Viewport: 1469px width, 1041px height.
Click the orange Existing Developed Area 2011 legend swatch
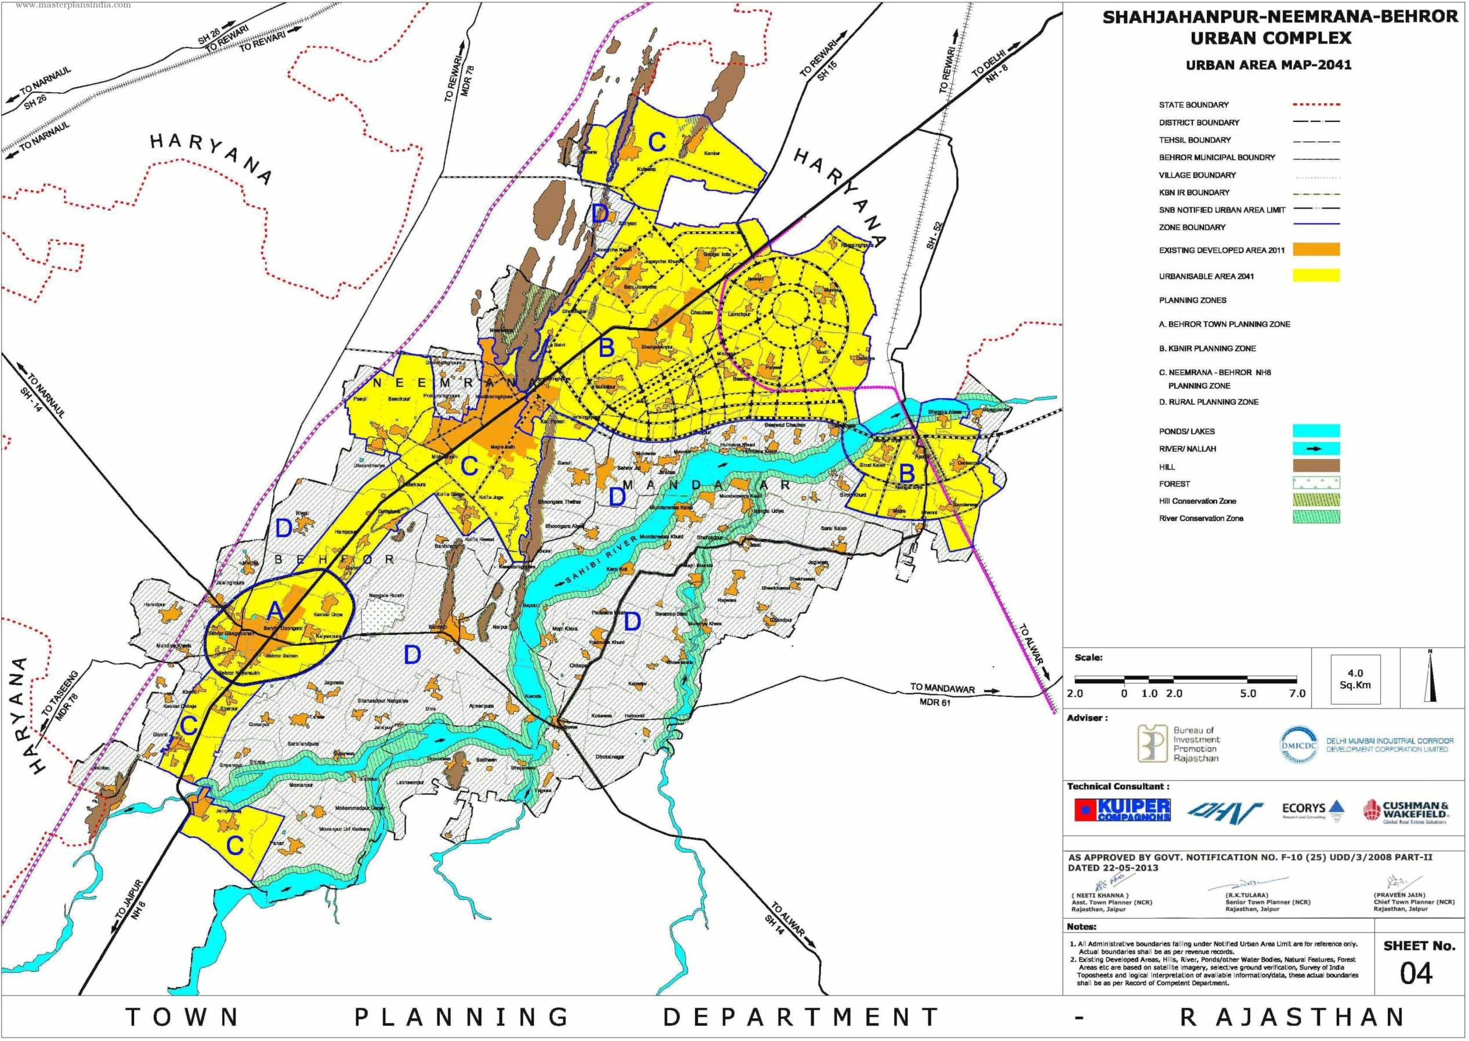[1316, 250]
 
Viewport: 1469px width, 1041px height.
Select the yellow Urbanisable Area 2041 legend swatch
[1316, 276]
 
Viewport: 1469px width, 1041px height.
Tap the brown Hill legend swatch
[1316, 466]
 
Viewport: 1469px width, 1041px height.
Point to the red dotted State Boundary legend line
[1316, 104]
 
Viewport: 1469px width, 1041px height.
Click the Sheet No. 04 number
[1416, 974]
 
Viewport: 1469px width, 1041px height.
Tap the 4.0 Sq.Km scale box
[1355, 679]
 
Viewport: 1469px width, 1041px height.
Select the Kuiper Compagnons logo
[1122, 810]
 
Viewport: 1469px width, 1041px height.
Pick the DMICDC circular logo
[1299, 744]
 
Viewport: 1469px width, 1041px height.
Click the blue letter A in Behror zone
[274, 613]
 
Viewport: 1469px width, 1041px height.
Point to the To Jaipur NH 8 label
[131, 912]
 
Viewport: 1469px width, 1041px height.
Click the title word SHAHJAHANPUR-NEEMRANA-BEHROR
[1279, 17]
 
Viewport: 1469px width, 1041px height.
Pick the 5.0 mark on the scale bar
[1247, 693]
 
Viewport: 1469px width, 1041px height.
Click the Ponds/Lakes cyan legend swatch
[1316, 431]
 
